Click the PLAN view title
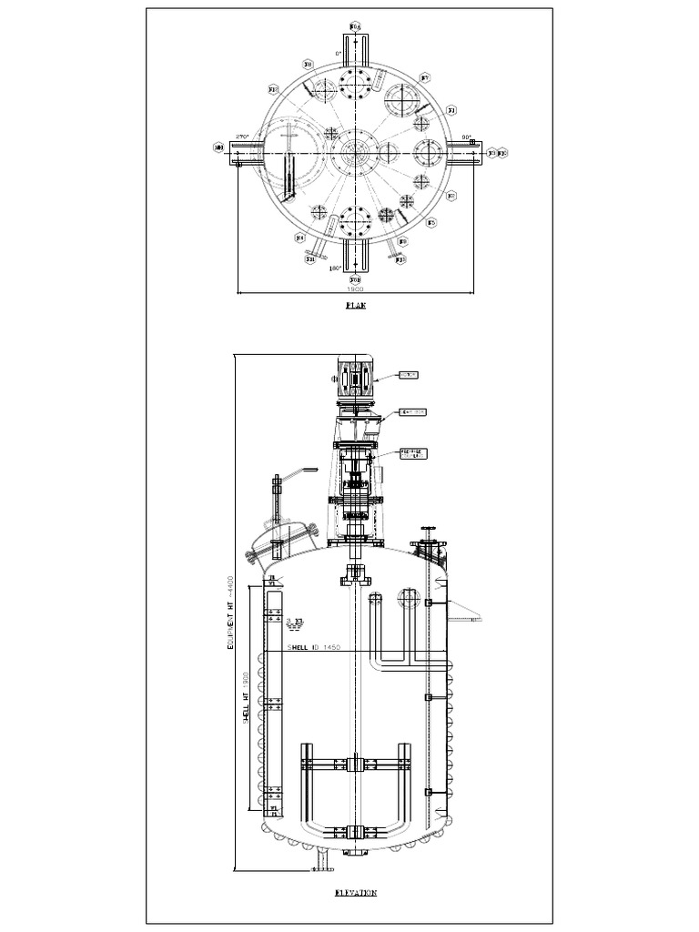(355, 306)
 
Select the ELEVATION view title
(355, 893)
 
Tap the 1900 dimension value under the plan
(355, 288)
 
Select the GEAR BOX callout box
(413, 412)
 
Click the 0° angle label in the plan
(339, 54)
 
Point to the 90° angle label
(467, 137)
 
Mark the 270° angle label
(241, 137)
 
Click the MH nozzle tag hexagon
(218, 147)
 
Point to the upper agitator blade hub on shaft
(355, 764)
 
